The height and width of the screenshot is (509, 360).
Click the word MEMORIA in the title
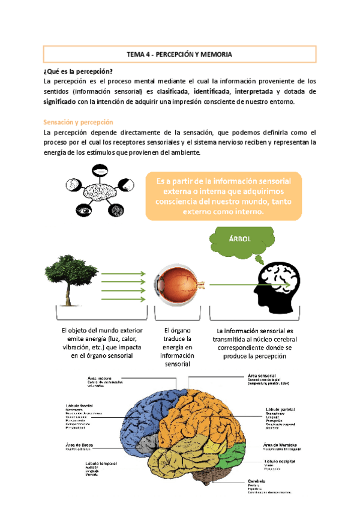[x=214, y=54]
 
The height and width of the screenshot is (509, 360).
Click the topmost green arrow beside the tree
[x=123, y=274]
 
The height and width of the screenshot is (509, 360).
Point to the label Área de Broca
[x=81, y=445]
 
